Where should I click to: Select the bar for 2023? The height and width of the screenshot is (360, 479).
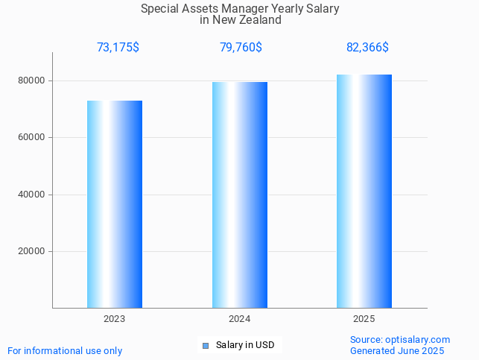point(115,204)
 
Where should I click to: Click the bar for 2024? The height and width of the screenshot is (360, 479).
point(240,195)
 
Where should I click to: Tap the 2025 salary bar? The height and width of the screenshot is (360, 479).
point(364,191)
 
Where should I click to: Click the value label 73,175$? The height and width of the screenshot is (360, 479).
point(118,48)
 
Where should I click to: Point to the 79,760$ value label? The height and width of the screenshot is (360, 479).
point(241,48)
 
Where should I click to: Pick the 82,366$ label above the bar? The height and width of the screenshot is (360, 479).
point(367,48)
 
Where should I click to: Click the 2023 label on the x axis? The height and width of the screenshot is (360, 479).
point(115,319)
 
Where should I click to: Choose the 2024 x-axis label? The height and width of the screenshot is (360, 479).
point(240,319)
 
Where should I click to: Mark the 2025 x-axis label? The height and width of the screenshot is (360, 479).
point(364,319)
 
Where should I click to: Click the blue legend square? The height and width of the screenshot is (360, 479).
point(206,345)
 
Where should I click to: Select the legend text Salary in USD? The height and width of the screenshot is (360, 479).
point(245,345)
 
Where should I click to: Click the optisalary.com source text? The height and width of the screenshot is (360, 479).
point(400,339)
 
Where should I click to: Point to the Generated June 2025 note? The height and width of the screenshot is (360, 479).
point(397,350)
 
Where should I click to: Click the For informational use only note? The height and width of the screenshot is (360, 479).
point(65,350)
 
